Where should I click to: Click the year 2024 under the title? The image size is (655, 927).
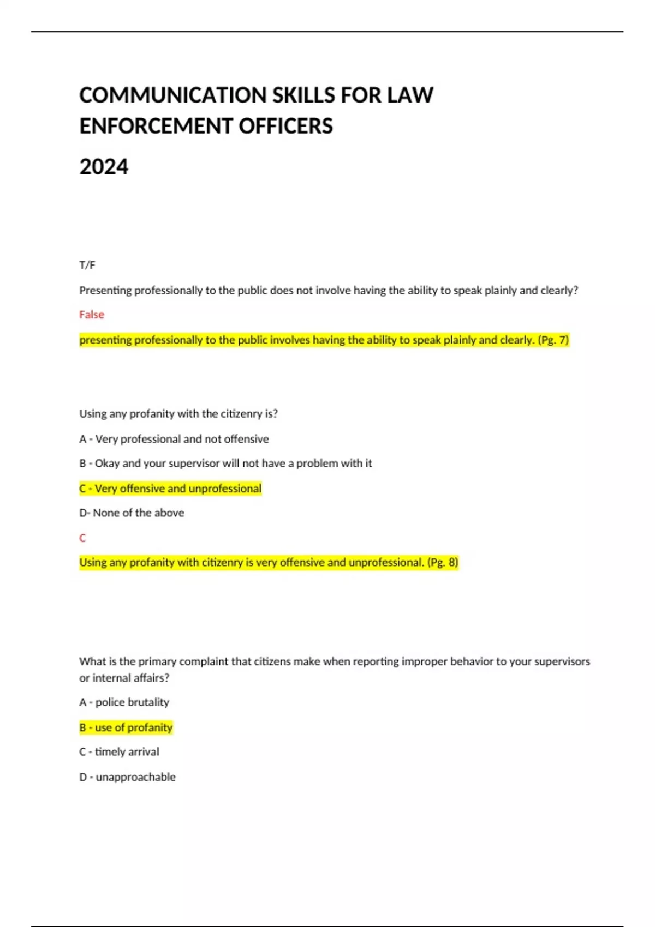point(104,167)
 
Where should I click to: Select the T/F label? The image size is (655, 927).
point(87,266)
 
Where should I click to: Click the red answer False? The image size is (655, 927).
point(92,315)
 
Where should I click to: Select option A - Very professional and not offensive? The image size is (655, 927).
point(174,439)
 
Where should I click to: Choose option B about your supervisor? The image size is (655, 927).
point(225,463)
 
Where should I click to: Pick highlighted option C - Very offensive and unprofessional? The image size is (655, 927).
point(170,489)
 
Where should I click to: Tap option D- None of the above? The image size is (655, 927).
point(132,513)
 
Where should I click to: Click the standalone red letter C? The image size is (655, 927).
point(82,538)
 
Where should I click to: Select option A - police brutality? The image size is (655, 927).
point(124,702)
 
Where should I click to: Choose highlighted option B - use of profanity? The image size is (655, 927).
point(126,727)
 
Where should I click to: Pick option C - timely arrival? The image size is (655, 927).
point(120,752)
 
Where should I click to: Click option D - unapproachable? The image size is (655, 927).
point(128,777)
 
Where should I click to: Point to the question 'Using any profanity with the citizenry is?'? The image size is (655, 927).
point(178,414)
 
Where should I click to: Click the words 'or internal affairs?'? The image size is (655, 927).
point(124,678)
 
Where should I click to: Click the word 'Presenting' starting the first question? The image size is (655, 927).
point(105,291)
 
